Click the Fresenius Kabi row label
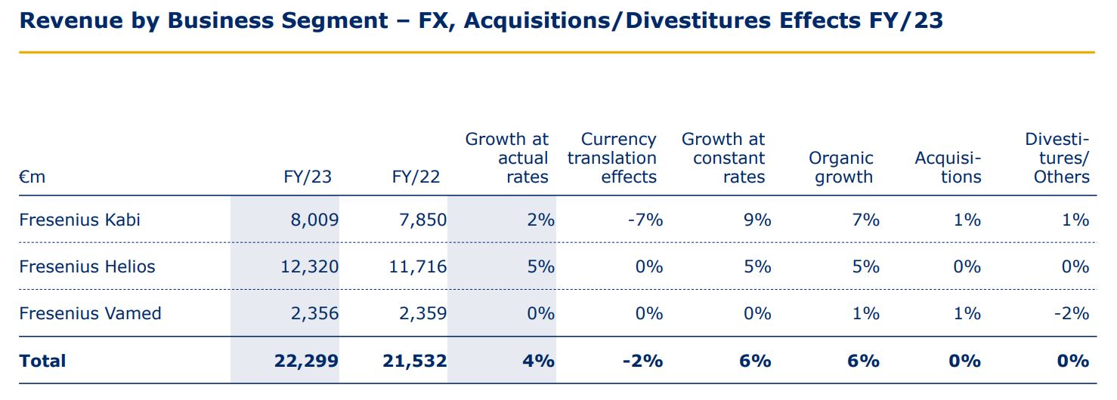click(79, 220)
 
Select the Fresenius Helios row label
click(87, 266)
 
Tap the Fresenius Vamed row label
click(90, 313)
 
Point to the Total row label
click(42, 361)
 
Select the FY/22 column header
click(416, 177)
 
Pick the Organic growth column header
click(840, 168)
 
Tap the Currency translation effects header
click(612, 158)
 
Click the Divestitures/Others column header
click(1058, 158)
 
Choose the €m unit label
click(32, 177)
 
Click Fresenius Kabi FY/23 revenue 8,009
click(314, 220)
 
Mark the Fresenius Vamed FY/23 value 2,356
click(314, 313)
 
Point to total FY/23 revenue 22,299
click(306, 361)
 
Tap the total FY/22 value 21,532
click(415, 361)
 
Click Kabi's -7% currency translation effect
click(646, 220)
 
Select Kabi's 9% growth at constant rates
click(757, 220)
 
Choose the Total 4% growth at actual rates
click(539, 361)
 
